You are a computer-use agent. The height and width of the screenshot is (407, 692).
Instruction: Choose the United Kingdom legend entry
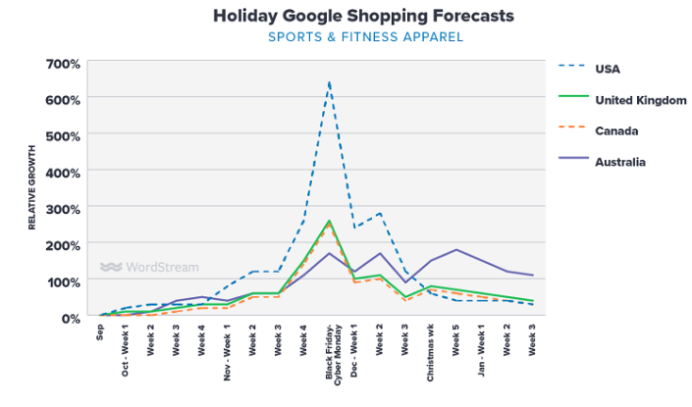coord(639,100)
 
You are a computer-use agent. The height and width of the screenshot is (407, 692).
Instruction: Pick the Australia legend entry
coord(619,162)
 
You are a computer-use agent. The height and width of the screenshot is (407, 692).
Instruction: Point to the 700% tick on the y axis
coord(63,64)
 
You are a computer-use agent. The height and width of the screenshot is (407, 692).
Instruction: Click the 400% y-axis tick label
coord(63,172)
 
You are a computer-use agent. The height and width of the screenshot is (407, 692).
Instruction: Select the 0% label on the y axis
coord(71,318)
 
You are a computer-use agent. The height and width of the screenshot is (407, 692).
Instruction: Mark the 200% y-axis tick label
coord(63,245)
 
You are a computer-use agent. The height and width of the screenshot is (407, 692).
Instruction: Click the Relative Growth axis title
coord(31,191)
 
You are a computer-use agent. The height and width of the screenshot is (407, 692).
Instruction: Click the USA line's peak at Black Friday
coord(329,81)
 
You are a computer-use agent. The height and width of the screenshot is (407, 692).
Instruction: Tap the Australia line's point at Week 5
coord(456,249)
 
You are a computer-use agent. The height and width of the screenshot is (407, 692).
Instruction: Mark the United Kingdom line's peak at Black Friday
coord(329,222)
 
